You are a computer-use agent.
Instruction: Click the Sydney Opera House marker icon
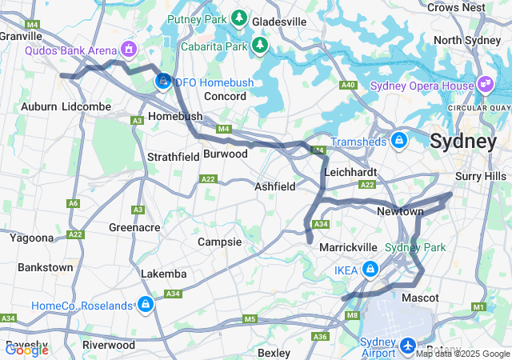tap(485, 83)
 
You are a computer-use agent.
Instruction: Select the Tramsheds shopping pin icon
tap(399, 142)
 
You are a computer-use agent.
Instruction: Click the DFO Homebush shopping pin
tap(163, 80)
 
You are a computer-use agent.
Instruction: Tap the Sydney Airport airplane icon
tap(407, 346)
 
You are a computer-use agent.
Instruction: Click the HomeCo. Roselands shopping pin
tap(145, 305)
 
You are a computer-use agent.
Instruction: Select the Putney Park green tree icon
tap(238, 17)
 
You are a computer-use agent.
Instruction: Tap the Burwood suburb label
tap(226, 153)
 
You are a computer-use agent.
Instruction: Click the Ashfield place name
tap(274, 186)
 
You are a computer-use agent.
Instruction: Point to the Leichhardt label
tap(350, 171)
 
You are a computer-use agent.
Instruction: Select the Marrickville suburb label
tap(348, 247)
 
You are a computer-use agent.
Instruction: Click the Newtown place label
tap(400, 211)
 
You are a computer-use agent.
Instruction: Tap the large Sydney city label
tap(462, 142)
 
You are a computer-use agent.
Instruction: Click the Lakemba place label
tap(163, 274)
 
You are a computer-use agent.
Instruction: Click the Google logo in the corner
tap(26, 350)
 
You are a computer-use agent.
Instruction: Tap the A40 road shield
tap(347, 85)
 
